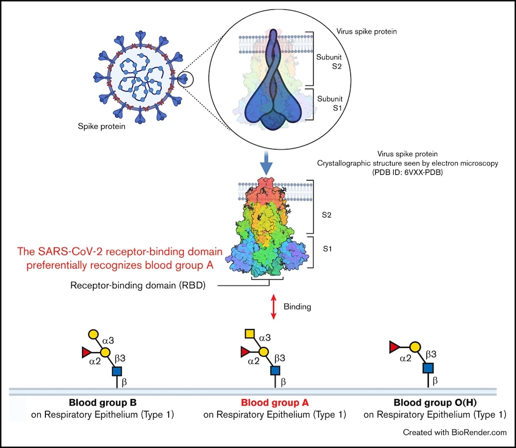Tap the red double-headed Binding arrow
tap(273, 307)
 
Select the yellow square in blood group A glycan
tap(250, 334)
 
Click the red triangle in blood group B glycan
tap(86, 353)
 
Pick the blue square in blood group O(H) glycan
tap(428, 368)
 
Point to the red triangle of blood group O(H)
tap(394, 347)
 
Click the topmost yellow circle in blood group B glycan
tap(93, 334)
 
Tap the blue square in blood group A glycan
tap(275, 371)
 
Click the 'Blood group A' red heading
tap(275, 402)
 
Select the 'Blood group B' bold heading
tap(103, 402)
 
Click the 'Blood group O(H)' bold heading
tap(435, 402)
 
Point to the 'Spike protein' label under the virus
tap(102, 126)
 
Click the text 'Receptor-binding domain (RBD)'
tap(138, 285)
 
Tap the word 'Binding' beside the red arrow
tap(297, 307)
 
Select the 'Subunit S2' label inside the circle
tap(329, 61)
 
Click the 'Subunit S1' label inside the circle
tap(330, 103)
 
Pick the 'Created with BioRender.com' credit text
tap(455, 432)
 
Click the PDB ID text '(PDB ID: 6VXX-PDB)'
tap(408, 172)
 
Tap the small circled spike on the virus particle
tap(186, 79)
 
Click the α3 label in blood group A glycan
tap(265, 338)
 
